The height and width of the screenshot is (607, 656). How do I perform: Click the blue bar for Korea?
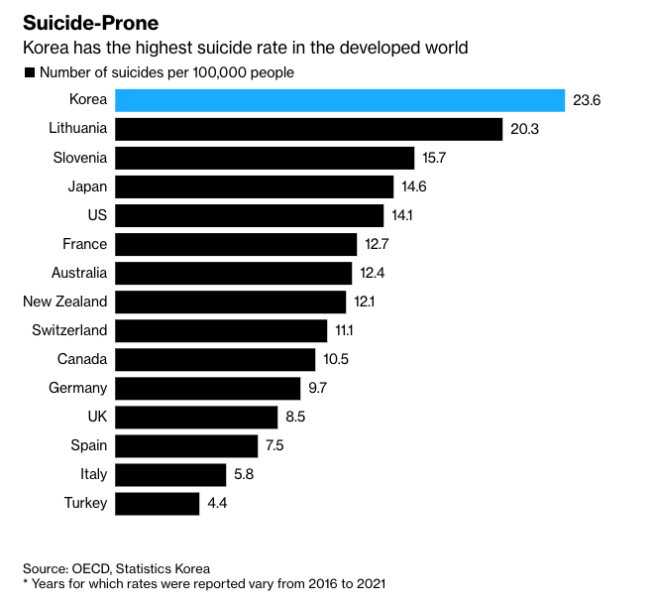[340, 100]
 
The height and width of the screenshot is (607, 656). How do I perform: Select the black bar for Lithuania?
[309, 129]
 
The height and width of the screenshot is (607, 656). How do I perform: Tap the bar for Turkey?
[158, 503]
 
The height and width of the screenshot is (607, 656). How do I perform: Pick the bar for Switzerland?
[221, 330]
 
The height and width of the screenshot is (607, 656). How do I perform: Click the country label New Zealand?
[64, 302]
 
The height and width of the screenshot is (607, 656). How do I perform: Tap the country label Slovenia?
[80, 158]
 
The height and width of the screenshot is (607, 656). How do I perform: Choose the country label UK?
[97, 417]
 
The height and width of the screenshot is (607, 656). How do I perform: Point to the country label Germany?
[77, 388]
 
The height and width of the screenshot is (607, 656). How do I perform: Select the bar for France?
[236, 244]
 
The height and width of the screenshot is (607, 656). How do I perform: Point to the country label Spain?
[89, 445]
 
